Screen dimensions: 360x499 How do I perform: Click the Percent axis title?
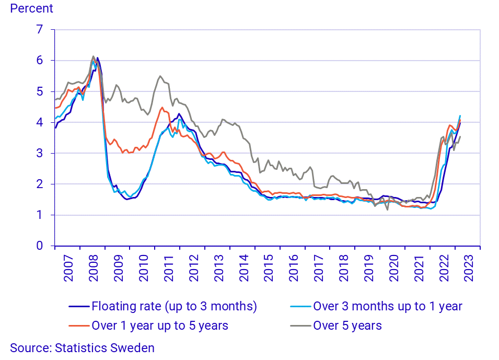tap(31, 9)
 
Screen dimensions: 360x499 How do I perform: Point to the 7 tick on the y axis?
tap(39, 30)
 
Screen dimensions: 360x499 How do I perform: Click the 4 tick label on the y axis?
tap(39, 122)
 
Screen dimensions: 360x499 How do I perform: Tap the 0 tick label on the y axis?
tap(39, 246)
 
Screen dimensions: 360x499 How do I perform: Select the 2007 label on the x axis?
tap(68, 268)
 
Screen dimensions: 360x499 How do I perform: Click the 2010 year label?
tap(143, 268)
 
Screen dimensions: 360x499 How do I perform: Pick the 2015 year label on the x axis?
tap(268, 268)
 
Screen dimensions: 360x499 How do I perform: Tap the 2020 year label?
tap(393, 268)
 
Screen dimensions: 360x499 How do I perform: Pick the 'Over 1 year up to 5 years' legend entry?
tap(160, 326)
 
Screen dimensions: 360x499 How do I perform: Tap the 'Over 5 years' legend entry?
tap(347, 326)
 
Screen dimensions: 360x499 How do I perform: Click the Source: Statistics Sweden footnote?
tap(82, 348)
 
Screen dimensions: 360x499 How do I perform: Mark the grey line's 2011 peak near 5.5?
tap(160, 76)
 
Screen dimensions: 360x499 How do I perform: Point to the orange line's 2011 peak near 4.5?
tap(162, 108)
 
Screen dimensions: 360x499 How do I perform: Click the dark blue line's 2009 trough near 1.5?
tap(127, 199)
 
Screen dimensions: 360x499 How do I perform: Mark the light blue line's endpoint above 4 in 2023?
tap(460, 115)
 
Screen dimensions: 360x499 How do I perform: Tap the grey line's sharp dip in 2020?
tap(388, 210)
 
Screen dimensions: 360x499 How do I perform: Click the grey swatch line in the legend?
tap(300, 326)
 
